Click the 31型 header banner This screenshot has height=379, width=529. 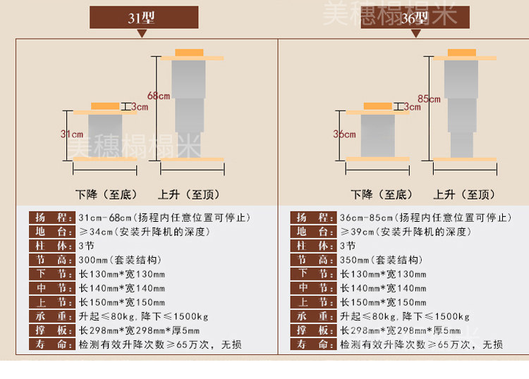143,18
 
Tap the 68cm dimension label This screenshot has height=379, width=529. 159,96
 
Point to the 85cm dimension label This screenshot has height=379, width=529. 429,99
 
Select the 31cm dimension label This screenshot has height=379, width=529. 72,134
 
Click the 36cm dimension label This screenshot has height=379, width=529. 343,134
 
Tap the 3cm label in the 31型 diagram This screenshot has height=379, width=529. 140,107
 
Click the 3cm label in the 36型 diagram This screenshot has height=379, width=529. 412,107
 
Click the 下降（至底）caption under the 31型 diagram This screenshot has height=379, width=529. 107,194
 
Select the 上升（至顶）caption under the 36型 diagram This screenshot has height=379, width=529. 464,194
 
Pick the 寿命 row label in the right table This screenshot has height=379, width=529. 311,344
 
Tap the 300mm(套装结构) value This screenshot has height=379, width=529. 121,259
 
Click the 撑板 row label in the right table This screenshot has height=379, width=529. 311,330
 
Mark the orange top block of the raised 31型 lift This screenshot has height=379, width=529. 189,53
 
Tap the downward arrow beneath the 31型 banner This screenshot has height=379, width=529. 142,32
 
